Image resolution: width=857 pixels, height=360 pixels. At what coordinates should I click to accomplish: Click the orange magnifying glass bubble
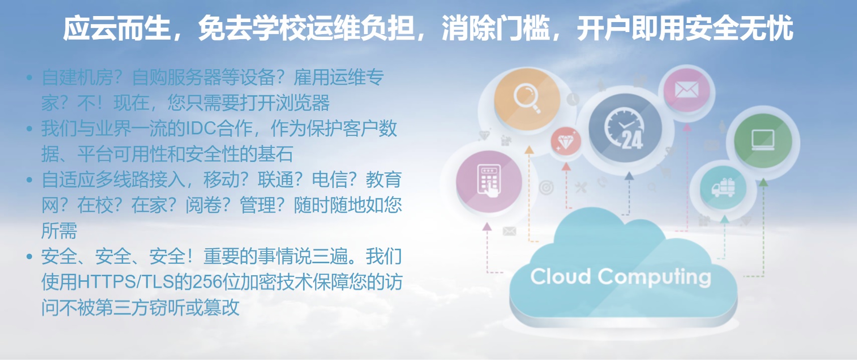pyautogui.click(x=527, y=99)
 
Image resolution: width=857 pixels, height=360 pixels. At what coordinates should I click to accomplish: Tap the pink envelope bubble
pyautogui.click(x=687, y=90)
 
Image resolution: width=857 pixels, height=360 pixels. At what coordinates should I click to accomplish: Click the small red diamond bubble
pyautogui.click(x=565, y=142)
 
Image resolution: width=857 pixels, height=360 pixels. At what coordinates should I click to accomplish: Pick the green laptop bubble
pyautogui.click(x=763, y=140)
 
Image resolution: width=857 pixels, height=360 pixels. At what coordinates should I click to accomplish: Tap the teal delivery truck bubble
pyautogui.click(x=723, y=188)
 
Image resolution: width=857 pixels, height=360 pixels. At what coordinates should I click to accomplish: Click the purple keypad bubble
pyautogui.click(x=489, y=182)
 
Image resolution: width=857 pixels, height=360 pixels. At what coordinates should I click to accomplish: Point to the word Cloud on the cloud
pyautogui.click(x=560, y=276)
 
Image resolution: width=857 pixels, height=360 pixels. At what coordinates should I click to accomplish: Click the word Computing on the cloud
pyautogui.click(x=655, y=277)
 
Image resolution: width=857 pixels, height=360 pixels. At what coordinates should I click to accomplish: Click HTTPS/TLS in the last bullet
pyautogui.click(x=126, y=282)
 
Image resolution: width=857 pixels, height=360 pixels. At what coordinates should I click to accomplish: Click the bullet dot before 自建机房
pyautogui.click(x=30, y=78)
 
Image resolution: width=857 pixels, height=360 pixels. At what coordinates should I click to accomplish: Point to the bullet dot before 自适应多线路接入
pyautogui.click(x=30, y=179)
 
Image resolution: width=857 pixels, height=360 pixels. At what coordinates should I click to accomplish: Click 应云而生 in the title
pyautogui.click(x=117, y=28)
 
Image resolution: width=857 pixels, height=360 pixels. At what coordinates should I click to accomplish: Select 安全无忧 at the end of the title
pyautogui.click(x=739, y=28)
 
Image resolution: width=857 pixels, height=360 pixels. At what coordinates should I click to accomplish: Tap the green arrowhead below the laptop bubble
pyautogui.click(x=763, y=183)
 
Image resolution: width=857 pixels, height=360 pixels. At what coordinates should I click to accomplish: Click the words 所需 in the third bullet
pyautogui.click(x=59, y=231)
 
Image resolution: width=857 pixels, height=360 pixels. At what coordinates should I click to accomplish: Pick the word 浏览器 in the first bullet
pyautogui.click(x=303, y=103)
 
